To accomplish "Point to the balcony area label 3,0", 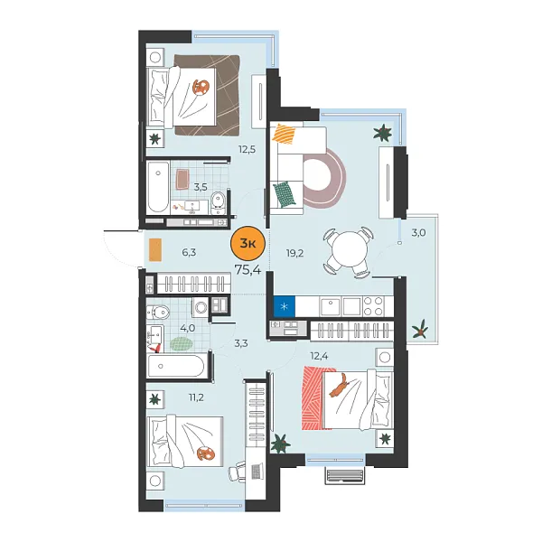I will click(417, 233).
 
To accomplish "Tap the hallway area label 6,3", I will click(189, 253).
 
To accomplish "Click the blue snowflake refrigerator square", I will click(285, 306).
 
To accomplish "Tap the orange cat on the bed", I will click(339, 388).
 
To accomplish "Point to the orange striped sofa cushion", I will click(285, 135).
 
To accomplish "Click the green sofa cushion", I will click(284, 192).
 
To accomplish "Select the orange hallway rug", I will click(156, 251).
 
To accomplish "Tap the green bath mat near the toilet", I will click(182, 344).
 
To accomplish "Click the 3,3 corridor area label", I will click(241, 342).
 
